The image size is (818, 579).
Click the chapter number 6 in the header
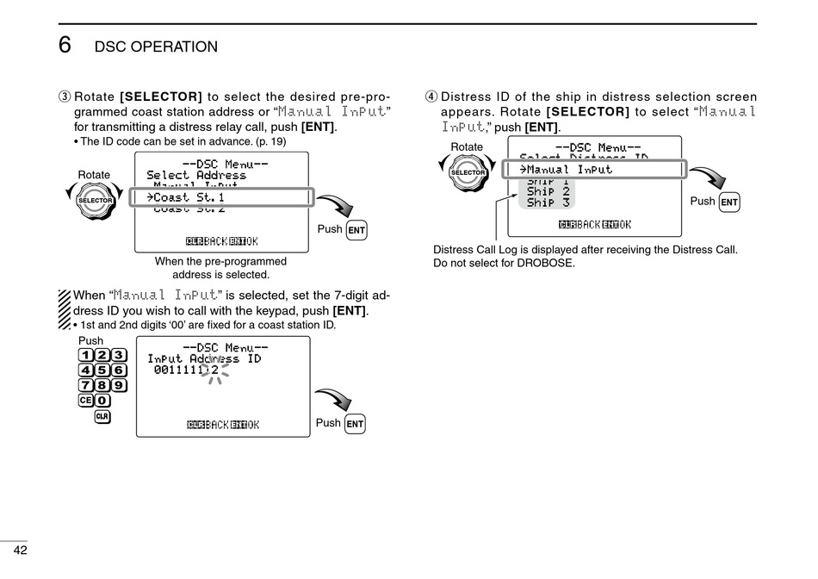(65, 45)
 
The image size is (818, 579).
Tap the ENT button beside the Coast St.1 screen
(356, 230)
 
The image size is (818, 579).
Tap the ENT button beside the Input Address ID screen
(355, 424)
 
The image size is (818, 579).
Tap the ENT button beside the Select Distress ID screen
(729, 202)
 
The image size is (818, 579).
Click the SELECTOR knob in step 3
(95, 201)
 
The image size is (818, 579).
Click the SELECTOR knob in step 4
(468, 172)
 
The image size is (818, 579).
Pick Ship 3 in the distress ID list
(548, 202)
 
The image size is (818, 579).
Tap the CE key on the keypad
(85, 400)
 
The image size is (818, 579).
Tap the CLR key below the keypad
(102, 417)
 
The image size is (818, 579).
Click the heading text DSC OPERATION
(156, 47)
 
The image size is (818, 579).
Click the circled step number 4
(431, 97)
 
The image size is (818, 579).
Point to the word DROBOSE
(548, 263)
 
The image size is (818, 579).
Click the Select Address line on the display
(196, 175)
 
